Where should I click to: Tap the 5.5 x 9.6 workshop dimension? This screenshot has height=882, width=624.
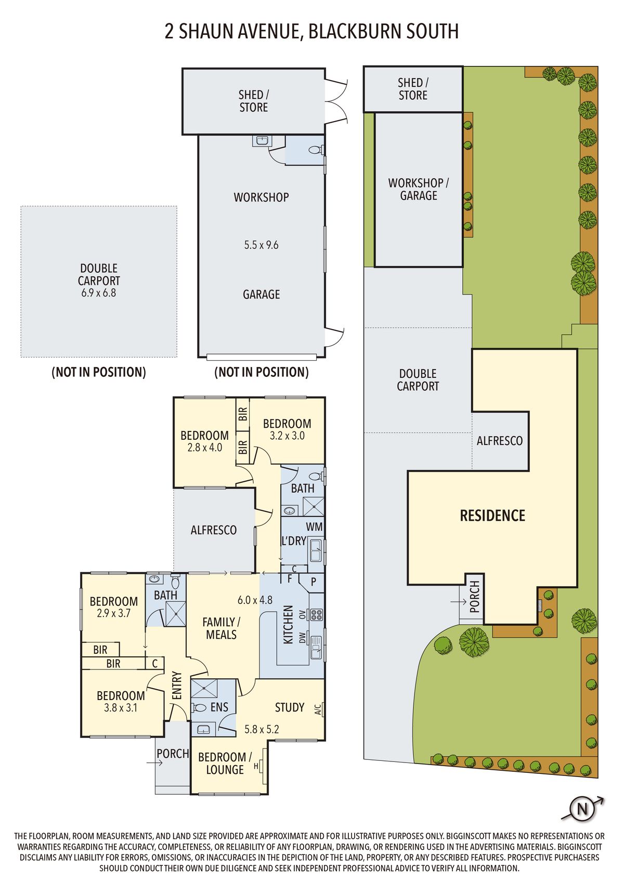point(261,245)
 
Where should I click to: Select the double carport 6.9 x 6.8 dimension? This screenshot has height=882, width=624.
point(98,293)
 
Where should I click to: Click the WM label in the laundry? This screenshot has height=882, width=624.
point(314,527)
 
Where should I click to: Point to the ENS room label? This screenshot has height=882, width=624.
point(219,707)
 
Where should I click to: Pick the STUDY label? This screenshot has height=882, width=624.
point(290,707)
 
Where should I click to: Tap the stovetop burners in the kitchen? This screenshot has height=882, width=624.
point(316,615)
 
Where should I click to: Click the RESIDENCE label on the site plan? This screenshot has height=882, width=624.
point(492,516)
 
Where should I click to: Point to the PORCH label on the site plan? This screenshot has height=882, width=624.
point(474,597)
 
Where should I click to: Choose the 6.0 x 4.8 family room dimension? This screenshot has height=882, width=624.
point(255,600)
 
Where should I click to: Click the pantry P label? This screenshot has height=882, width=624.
point(314,582)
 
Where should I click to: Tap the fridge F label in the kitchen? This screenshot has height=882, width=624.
point(290,579)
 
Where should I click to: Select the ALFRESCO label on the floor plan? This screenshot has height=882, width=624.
point(214,530)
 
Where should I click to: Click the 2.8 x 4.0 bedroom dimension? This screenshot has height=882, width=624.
point(204,447)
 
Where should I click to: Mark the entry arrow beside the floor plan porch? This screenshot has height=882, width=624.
point(154,762)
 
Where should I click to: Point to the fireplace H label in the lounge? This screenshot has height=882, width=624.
point(256,766)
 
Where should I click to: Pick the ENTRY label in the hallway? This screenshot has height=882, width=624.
point(177,686)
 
